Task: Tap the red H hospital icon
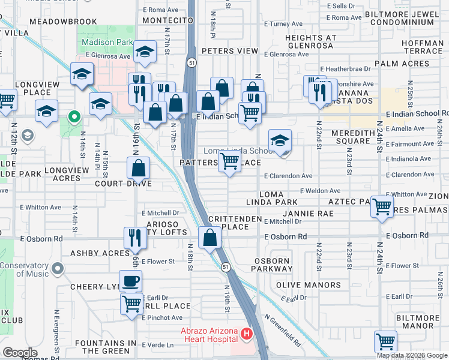coord(245,333)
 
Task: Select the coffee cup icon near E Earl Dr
coord(130,281)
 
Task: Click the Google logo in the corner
coord(20,353)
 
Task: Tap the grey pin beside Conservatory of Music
coord(58,268)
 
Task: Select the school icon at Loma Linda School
coord(280,141)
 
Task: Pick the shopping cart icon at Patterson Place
coord(229,161)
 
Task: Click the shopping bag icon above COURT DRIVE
coord(139,168)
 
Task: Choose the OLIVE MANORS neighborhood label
coord(308,285)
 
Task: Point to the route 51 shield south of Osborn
coord(224,266)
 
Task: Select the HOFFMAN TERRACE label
coord(423,47)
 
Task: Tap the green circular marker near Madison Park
coord(74,116)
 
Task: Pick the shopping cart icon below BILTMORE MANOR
coord(385,341)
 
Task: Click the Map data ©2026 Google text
coord(412,355)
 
